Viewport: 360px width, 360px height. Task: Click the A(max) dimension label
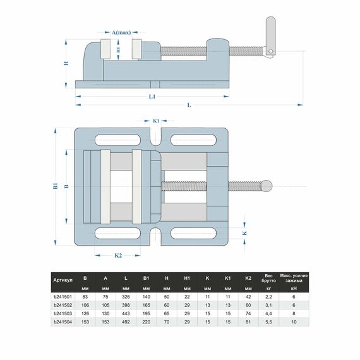(121, 32)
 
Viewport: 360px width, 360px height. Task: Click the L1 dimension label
(152, 97)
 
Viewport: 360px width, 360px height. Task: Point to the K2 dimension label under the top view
(118, 255)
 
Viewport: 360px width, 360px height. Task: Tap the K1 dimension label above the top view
(156, 121)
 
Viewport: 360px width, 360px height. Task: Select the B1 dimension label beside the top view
(56, 186)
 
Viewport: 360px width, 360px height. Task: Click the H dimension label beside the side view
(66, 63)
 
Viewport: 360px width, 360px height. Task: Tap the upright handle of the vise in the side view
(271, 37)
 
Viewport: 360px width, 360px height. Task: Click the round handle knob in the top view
(267, 186)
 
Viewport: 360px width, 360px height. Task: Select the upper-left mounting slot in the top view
(117, 140)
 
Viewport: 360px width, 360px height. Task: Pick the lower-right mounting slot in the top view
(193, 233)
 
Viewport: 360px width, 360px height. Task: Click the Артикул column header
(63, 280)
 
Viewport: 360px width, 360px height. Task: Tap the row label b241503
(63, 313)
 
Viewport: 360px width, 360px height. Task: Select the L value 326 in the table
(126, 297)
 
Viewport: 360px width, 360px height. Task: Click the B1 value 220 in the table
(147, 322)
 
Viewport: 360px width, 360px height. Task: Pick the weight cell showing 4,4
(268, 313)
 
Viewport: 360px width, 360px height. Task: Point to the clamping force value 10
(294, 322)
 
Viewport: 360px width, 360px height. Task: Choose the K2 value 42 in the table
(248, 297)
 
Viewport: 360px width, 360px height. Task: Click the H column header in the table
(167, 278)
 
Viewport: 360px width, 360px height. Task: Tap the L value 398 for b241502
(126, 305)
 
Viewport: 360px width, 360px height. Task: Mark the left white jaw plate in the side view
(105, 49)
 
